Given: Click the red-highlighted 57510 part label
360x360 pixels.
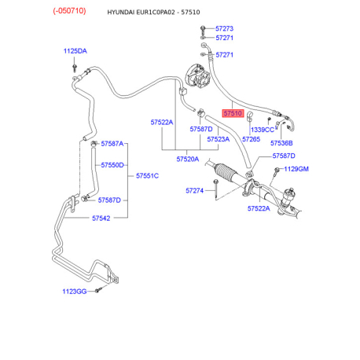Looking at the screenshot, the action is tap(233, 113).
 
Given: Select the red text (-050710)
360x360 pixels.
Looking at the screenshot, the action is tap(69, 11).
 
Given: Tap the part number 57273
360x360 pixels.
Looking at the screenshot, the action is tap(224, 28).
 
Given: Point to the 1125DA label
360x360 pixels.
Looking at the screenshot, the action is tap(75, 51).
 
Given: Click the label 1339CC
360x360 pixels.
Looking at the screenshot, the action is tap(263, 130).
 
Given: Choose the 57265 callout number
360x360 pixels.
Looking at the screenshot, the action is tap(251, 139).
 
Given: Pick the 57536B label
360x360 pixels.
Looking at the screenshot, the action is tap(281, 143).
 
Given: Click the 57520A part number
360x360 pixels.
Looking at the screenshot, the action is tap(188, 159).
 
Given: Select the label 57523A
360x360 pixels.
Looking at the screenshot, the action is tap(219, 139).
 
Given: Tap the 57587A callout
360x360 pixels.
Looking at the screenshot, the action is tap(112, 144).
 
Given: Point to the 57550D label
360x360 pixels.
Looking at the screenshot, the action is tap(112, 165).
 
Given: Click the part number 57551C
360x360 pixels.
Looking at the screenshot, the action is tap(147, 176).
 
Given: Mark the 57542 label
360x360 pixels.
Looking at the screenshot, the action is tap(101, 219).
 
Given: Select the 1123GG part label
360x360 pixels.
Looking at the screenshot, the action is tap(75, 292).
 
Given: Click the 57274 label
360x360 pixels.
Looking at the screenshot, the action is tap(194, 191).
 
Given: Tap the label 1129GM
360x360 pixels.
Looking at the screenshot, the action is tap(296, 169).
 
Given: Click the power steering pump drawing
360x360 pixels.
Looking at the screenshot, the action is tap(198, 76).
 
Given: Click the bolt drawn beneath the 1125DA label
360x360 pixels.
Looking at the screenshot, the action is tap(75, 68).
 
